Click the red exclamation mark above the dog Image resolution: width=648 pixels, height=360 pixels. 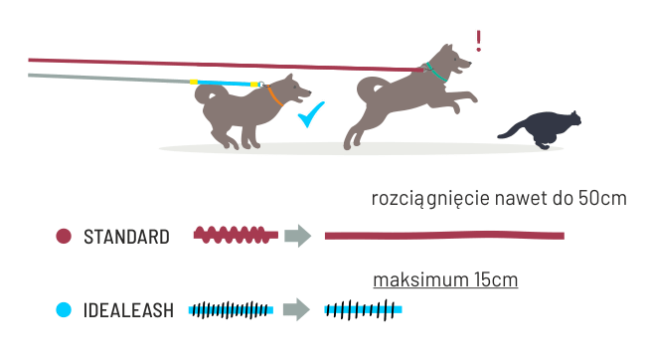478,41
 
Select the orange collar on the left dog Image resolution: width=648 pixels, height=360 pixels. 274,96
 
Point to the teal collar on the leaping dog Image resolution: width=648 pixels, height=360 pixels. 436,73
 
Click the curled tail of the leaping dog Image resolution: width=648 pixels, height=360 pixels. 369,88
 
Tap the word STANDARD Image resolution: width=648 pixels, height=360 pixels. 126,237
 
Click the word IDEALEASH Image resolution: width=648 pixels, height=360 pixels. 128,310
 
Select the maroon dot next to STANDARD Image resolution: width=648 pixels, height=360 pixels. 64,237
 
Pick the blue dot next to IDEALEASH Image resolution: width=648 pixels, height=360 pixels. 64,310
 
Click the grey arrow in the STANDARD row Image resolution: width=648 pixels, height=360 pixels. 297,236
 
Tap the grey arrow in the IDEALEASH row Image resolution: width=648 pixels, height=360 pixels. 296,309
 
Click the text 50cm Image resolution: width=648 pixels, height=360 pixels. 602,198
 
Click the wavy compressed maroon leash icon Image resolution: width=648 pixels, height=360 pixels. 236,235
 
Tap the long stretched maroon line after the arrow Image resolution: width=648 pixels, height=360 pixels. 444,236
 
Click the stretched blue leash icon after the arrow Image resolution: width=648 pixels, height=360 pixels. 363,310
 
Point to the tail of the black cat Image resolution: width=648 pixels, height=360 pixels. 513,130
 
